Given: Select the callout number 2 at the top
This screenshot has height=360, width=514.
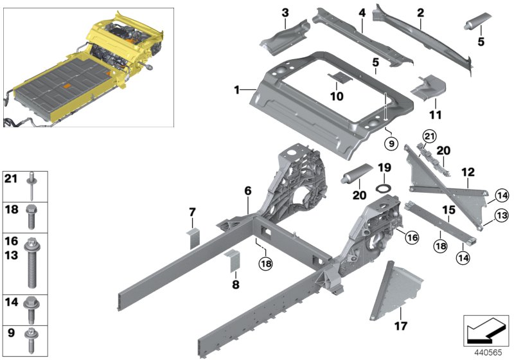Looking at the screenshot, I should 420,12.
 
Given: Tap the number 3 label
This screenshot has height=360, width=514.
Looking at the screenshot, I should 285,12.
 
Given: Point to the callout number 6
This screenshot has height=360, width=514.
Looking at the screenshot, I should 362,12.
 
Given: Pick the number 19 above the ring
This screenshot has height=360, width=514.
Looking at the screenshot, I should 384,168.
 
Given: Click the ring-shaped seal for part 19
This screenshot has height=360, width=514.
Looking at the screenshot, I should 384,188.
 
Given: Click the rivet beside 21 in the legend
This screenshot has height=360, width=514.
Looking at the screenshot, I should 31,187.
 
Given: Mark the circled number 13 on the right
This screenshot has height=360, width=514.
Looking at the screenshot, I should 501,215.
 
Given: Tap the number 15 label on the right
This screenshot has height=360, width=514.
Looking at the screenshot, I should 450,209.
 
